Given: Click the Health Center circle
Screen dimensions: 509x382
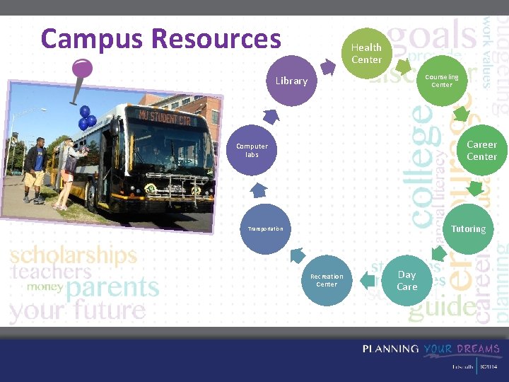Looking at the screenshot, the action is [366, 53].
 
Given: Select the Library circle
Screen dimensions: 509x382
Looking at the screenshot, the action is [291, 81].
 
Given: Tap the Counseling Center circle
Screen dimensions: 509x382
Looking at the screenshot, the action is [442, 81].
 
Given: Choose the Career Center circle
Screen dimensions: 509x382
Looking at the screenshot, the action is [481, 150].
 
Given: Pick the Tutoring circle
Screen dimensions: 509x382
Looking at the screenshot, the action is [468, 228].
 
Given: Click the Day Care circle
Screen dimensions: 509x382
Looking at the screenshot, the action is [406, 280].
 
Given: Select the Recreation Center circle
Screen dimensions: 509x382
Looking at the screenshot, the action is [327, 280].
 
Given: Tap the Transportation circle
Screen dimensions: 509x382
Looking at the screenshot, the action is [265, 228].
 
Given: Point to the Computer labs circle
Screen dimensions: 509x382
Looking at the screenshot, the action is [252, 150].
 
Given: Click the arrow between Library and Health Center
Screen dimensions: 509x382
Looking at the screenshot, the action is [327, 66].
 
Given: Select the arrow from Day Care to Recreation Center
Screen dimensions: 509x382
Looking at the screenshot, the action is [367, 281].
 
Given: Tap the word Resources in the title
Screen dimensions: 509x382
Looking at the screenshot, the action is [216, 38].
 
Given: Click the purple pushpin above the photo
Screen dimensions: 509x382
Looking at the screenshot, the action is [82, 69].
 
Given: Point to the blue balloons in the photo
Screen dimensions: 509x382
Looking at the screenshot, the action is [87, 117].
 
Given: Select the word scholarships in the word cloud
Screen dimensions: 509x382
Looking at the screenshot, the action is [74, 255].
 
